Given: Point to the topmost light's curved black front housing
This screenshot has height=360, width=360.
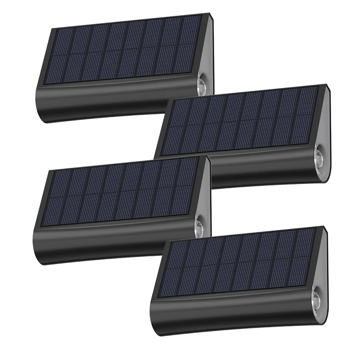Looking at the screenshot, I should [112, 101].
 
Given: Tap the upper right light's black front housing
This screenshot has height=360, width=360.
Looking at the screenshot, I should [265, 173].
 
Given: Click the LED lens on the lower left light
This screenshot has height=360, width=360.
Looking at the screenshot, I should [199, 228].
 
